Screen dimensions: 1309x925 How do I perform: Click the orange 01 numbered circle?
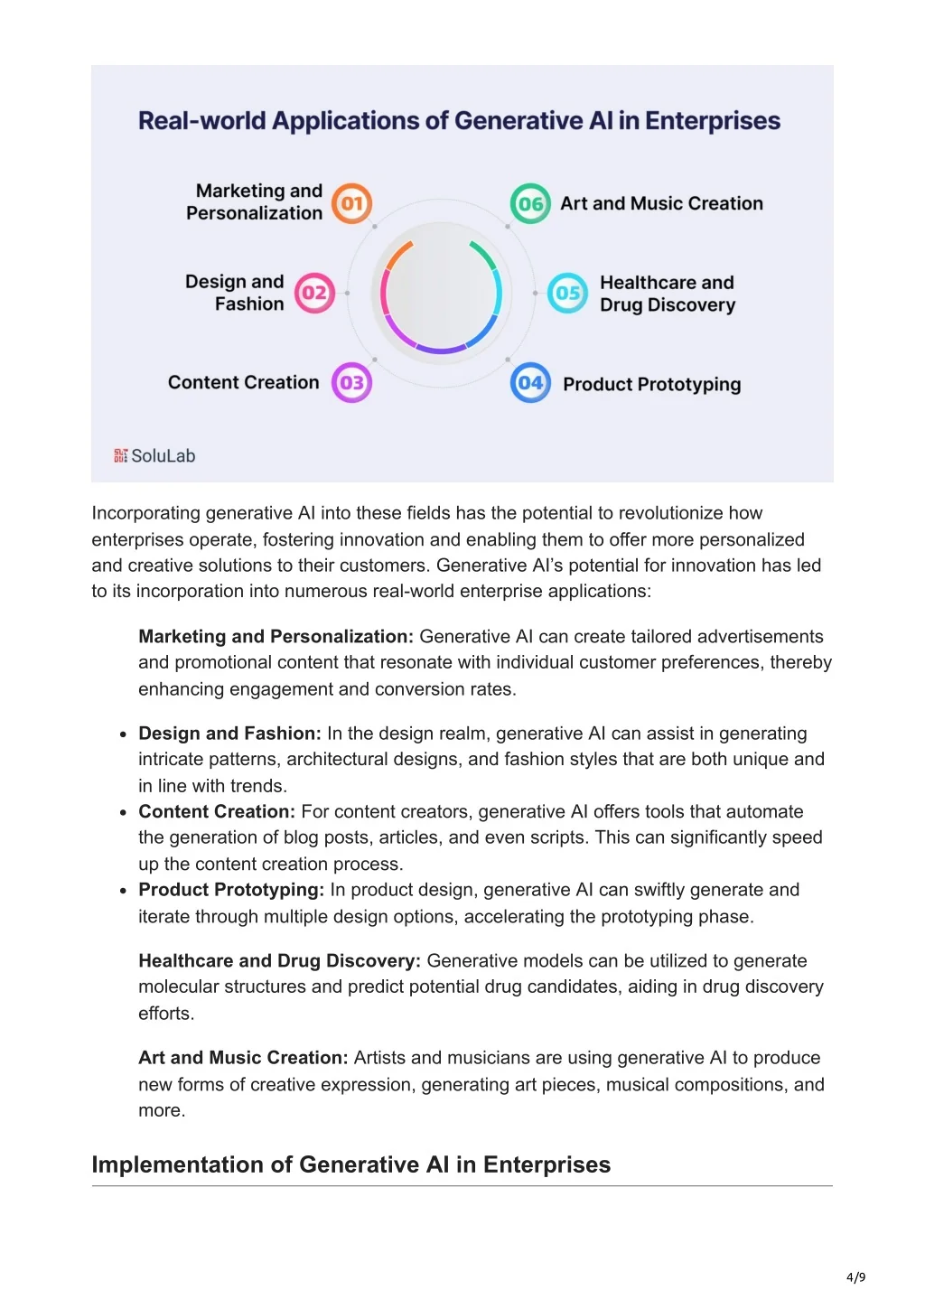tap(351, 203)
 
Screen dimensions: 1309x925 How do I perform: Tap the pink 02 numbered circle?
tap(314, 293)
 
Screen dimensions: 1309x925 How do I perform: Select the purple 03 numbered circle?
tap(351, 382)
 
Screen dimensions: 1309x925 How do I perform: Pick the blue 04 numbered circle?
tap(530, 382)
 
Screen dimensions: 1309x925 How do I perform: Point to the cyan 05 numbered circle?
tap(567, 293)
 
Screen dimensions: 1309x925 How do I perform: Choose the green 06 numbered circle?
tap(530, 203)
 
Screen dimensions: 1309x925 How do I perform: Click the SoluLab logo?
tap(154, 456)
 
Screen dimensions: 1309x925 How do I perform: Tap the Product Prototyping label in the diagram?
tap(651, 384)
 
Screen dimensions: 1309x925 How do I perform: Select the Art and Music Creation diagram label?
tap(661, 203)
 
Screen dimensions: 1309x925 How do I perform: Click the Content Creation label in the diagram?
tap(243, 382)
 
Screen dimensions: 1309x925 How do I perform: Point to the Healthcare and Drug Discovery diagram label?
tap(667, 294)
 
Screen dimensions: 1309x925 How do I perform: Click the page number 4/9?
tap(855, 1276)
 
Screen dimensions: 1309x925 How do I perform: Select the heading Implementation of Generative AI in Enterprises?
tap(350, 1164)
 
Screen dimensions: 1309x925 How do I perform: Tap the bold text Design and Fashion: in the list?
tap(229, 734)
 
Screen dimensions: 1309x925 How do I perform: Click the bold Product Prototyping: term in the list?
tap(230, 890)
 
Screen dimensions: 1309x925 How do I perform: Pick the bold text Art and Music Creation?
tap(242, 1058)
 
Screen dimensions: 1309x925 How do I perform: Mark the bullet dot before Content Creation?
tap(123, 812)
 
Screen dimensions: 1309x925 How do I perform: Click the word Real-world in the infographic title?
tap(201, 121)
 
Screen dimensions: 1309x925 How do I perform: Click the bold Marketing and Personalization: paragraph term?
tap(276, 637)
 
